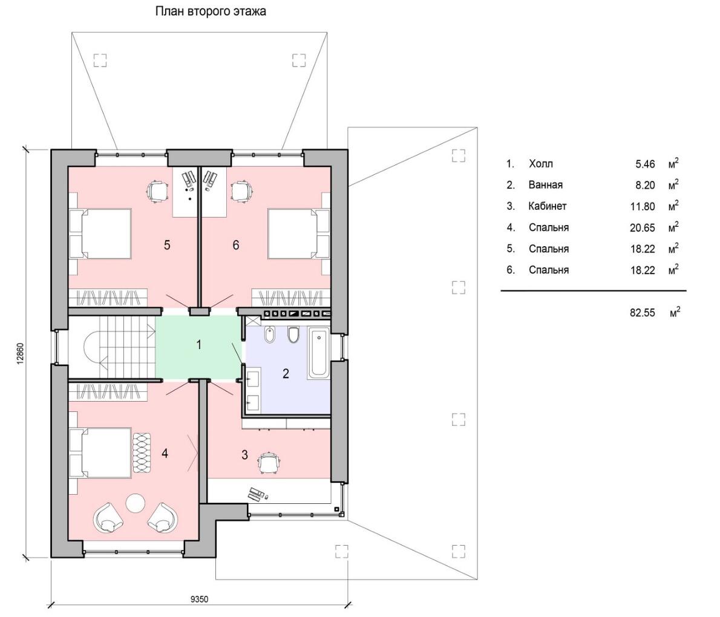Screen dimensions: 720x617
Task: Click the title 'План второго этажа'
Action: click(x=211, y=11)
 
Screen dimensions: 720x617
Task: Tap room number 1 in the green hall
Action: click(x=199, y=344)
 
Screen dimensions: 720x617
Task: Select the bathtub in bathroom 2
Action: click(x=319, y=353)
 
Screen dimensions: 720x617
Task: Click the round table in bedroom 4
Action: click(x=136, y=503)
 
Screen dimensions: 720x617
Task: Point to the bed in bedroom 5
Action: click(x=101, y=233)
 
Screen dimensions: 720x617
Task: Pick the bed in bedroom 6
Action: click(x=298, y=233)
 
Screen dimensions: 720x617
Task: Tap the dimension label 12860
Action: click(x=20, y=353)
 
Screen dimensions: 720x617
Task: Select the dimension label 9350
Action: click(x=199, y=599)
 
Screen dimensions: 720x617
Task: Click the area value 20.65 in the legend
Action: click(x=643, y=227)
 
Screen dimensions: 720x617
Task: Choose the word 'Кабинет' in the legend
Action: click(x=548, y=206)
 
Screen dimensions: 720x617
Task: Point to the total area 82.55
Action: click(x=643, y=313)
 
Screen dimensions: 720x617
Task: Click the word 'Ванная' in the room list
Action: click(x=546, y=185)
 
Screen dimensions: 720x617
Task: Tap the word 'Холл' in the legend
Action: click(x=541, y=164)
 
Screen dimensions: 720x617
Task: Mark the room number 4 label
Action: click(x=165, y=454)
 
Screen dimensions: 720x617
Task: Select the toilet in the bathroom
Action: click(x=293, y=335)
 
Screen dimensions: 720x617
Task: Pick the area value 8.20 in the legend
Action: click(x=646, y=185)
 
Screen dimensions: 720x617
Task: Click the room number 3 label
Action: click(x=245, y=455)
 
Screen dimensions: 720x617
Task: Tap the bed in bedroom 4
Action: click(x=101, y=453)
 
